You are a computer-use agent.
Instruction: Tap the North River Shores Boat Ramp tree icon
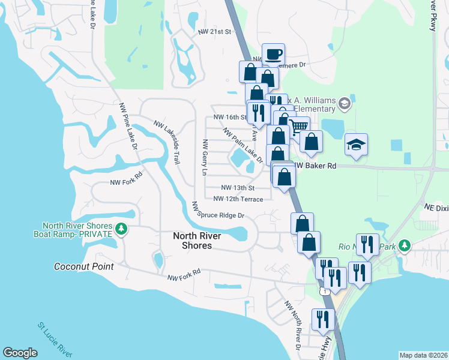[121, 229]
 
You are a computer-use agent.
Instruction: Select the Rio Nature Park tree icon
[405, 245]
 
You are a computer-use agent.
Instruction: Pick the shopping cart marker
[299, 125]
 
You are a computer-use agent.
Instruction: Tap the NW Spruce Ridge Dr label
[218, 211]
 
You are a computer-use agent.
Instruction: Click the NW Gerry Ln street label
[205, 158]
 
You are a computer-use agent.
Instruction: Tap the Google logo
[20, 353]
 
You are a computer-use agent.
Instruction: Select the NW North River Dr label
[294, 324]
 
